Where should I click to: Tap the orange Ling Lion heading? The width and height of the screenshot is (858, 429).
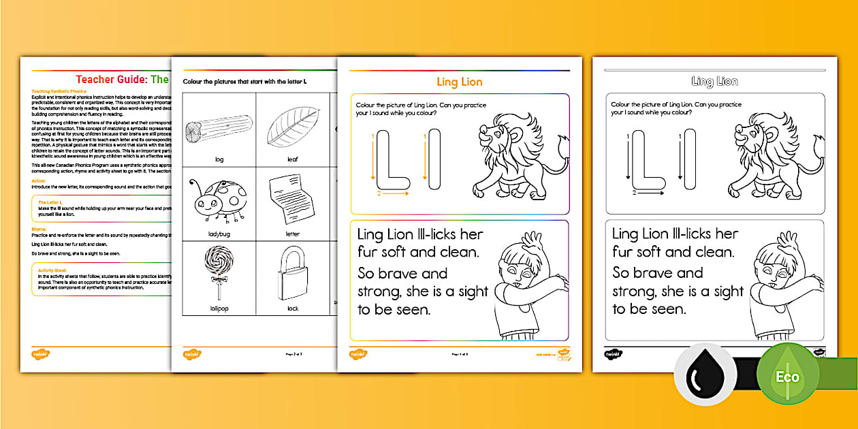[459, 82]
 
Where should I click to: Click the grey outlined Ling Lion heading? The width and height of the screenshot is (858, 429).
[714, 82]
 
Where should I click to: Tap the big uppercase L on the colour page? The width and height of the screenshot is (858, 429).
[391, 160]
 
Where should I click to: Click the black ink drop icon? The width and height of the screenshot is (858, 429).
[705, 375]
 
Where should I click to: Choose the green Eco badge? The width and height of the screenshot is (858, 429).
[790, 375]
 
